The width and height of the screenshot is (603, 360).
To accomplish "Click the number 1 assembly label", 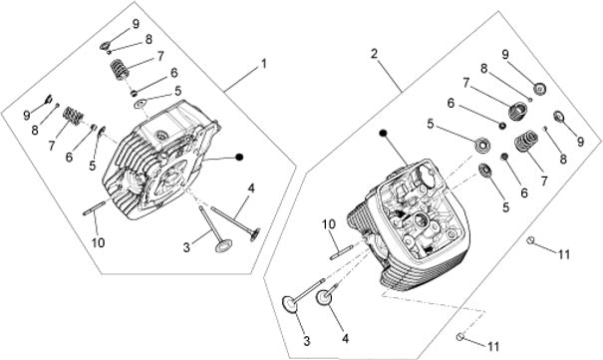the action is (263, 64).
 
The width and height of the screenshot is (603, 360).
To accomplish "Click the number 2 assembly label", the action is (374, 54).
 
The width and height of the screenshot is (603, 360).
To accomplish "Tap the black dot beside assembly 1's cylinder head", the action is (239, 157).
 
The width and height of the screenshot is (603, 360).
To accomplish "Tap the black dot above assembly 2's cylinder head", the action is (383, 133).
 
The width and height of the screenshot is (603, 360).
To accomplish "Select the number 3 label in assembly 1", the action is (186, 247).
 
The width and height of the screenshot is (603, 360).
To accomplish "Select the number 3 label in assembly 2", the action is (307, 341).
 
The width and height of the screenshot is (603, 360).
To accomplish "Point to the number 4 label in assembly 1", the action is (251, 188).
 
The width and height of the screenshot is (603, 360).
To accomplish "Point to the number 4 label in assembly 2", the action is (345, 339).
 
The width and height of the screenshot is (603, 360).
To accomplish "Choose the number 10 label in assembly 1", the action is (98, 242).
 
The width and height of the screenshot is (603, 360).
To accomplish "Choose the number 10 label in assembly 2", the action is (329, 224).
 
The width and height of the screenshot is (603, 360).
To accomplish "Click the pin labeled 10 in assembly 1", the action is (95, 208).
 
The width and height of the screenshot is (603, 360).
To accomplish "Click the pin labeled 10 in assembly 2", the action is (341, 253).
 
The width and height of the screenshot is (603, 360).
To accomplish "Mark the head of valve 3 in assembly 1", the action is (224, 246).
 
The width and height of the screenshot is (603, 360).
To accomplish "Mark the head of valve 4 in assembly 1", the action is (255, 234).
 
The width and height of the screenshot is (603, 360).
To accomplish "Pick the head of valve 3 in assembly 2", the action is (290, 304).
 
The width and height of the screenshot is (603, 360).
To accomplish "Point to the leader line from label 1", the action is (242, 78).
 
